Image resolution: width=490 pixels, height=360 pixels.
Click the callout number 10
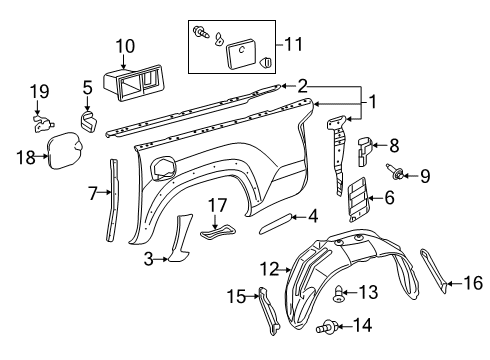point(124,45)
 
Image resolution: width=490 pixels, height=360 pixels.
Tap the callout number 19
point(38,92)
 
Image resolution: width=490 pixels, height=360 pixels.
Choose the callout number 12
point(267,269)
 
